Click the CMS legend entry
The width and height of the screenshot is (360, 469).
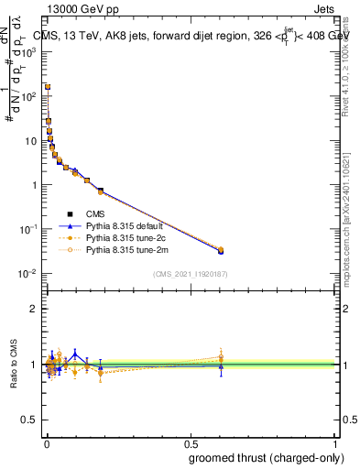tap(95, 214)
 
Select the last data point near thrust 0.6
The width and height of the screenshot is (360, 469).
tap(221, 250)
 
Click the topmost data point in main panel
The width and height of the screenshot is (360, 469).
tap(47, 87)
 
